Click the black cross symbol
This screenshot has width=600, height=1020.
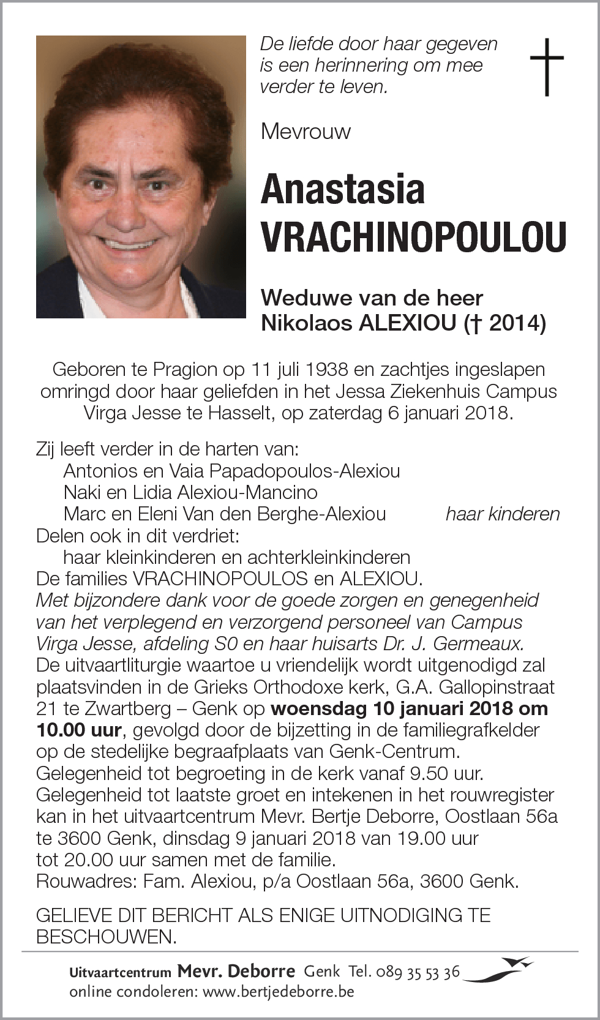pos(546,67)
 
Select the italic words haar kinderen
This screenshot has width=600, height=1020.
pos(502,514)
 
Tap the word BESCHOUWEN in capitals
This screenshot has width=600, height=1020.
pos(104,937)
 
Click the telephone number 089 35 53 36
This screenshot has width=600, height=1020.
pos(422,972)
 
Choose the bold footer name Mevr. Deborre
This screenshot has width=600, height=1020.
pos(236,971)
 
